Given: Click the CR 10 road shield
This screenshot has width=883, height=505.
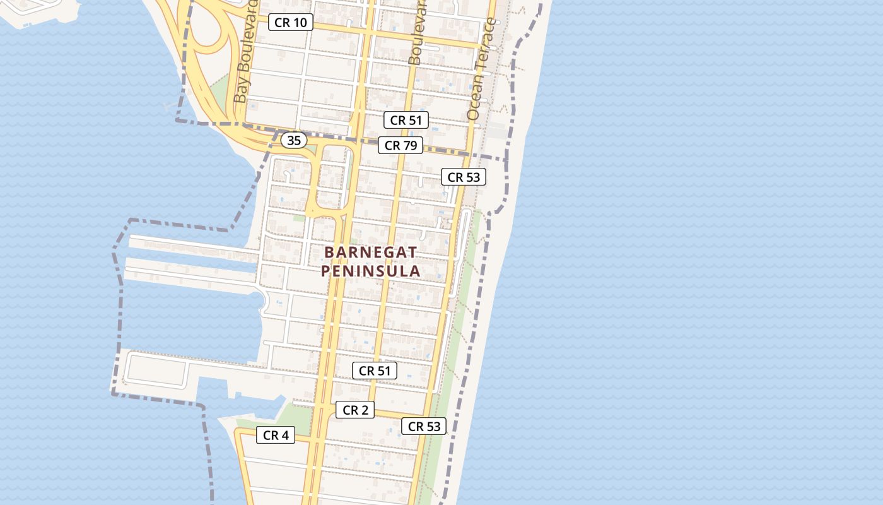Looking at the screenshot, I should (x=291, y=23).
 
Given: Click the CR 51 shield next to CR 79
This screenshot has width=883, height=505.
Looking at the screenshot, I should (x=406, y=120).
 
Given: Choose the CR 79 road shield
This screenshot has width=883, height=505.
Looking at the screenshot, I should (x=401, y=145).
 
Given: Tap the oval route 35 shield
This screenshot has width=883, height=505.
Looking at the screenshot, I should (x=294, y=140).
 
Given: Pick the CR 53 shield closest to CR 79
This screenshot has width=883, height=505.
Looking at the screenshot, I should (x=464, y=177).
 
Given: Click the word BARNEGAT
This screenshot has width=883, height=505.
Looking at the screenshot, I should (x=370, y=252).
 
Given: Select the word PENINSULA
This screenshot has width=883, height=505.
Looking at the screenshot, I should (x=370, y=271).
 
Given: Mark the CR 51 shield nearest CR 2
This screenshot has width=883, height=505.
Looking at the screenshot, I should (x=375, y=371).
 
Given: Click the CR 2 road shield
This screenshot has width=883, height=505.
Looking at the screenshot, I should (x=355, y=410).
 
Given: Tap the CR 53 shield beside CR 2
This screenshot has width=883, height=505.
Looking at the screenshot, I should (x=424, y=426).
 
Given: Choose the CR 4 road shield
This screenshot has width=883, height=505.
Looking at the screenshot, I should (x=276, y=435).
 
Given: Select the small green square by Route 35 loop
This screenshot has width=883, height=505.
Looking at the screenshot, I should (x=299, y=218).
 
